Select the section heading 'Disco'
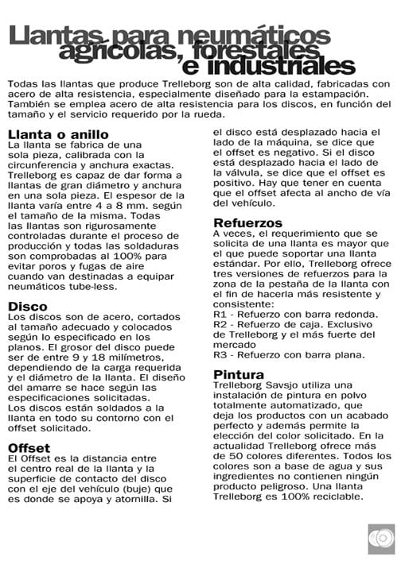pos(28,306)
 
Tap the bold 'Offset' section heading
pos(29,448)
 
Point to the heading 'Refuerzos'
pos(248,222)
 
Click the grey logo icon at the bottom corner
pos(381,539)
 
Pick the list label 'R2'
pos(221,325)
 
